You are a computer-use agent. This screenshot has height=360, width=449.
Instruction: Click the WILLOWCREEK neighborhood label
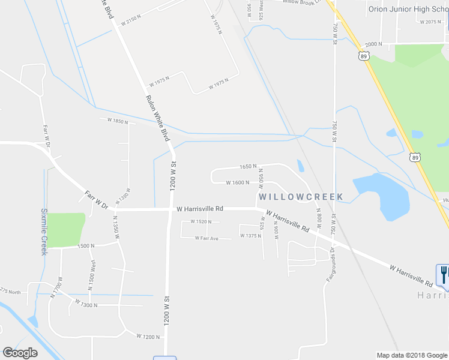[301, 197]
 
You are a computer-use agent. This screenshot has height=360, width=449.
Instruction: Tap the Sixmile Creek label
[44, 232]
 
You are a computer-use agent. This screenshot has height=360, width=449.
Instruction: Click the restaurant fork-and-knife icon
[444, 274]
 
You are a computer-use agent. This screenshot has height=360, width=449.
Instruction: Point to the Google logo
[20, 353]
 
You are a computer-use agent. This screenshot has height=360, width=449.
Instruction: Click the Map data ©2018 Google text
[412, 355]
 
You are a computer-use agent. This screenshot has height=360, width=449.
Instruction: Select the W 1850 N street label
[118, 121]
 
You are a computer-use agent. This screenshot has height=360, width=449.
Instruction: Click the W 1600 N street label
[237, 182]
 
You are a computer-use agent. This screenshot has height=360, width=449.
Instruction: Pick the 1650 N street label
[248, 166]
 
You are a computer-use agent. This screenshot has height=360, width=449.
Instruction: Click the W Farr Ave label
[206, 238]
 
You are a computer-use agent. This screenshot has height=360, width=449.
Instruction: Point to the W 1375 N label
[250, 236]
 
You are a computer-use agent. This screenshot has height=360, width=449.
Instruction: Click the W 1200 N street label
[147, 336]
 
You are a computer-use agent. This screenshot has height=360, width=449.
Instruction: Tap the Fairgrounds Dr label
[330, 268]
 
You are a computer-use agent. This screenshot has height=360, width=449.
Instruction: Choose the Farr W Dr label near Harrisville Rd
[96, 200]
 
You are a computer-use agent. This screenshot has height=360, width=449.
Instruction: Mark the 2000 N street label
[373, 44]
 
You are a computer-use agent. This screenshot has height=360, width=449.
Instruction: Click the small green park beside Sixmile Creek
[65, 229]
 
